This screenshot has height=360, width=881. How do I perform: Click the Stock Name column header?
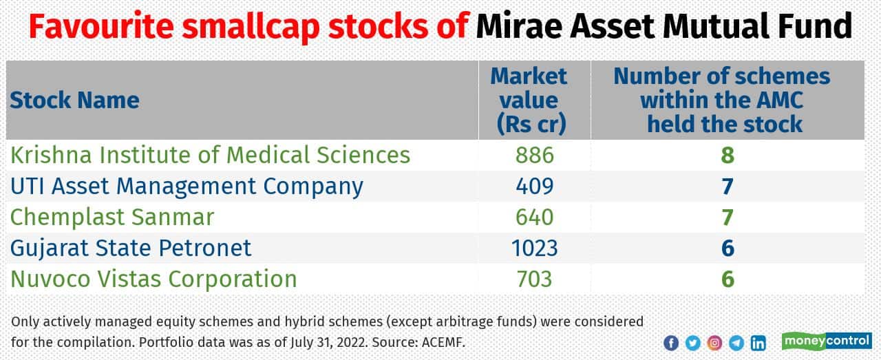(x=74, y=100)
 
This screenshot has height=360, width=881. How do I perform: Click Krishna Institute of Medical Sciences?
(x=210, y=155)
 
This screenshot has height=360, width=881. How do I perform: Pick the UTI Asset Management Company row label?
(x=186, y=186)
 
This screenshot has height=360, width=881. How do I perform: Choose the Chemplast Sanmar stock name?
(x=112, y=217)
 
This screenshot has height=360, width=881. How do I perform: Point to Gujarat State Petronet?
(x=131, y=248)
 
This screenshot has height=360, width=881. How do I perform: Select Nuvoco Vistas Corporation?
(x=153, y=279)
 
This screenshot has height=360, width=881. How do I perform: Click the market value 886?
(x=534, y=155)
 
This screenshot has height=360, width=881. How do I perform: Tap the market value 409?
(x=534, y=186)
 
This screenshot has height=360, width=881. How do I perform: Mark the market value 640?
(x=534, y=217)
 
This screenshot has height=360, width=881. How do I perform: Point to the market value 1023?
(x=534, y=248)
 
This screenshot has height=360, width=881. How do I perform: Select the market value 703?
(x=534, y=279)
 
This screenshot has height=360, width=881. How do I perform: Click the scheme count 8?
(x=728, y=155)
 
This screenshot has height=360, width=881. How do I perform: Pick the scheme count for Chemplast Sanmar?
(x=728, y=217)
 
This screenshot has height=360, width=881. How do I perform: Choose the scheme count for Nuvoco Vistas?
(x=728, y=279)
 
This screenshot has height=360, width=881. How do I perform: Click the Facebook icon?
(x=671, y=343)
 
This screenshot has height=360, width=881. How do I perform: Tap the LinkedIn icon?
(x=758, y=343)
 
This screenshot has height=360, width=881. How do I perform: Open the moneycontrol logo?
(x=827, y=341)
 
